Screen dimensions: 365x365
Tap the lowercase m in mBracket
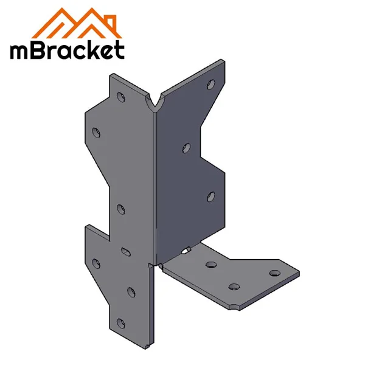(x=20, y=52)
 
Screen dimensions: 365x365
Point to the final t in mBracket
(x=119, y=50)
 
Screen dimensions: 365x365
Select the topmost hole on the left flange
(x=120, y=96)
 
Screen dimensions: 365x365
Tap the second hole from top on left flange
(x=96, y=131)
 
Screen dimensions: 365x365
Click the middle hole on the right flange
(x=187, y=147)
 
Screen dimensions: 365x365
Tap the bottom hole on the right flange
(x=210, y=196)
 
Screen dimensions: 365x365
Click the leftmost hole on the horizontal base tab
(x=211, y=265)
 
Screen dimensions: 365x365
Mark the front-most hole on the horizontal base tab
(x=232, y=286)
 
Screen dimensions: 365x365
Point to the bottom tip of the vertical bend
(x=148, y=346)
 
